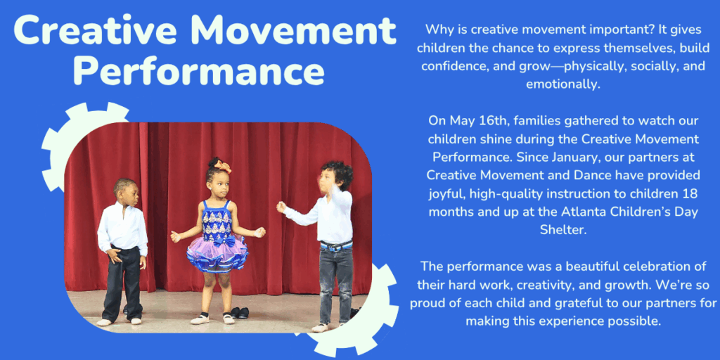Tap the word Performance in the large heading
click(199, 70)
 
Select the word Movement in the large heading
click(293, 30)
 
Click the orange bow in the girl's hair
click(223, 165)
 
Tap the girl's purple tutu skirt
click(218, 255)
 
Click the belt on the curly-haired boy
click(336, 245)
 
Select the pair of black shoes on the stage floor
click(240, 313)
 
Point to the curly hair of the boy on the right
click(338, 174)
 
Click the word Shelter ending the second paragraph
click(563, 231)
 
